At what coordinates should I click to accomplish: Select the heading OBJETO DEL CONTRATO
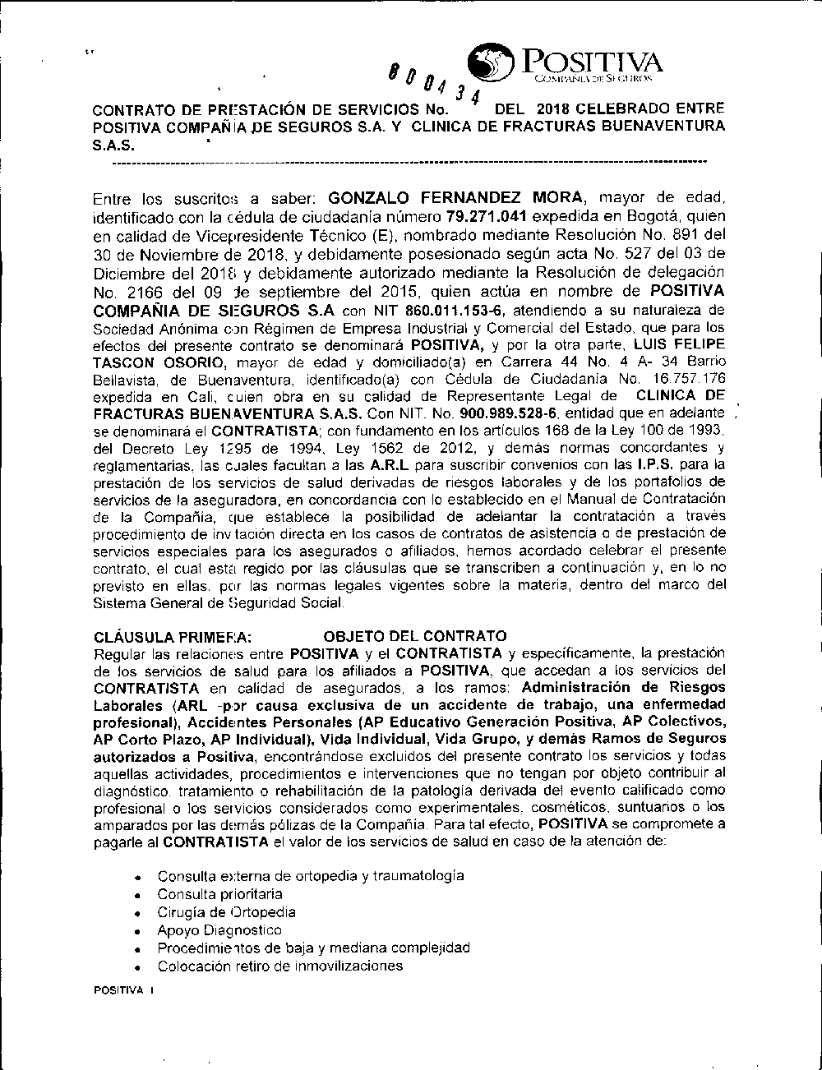(415, 636)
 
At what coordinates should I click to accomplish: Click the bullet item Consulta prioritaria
(219, 893)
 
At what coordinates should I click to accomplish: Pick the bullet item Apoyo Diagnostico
(219, 929)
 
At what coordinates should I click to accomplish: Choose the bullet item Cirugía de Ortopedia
(226, 911)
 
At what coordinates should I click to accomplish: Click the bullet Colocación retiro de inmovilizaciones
(279, 966)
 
